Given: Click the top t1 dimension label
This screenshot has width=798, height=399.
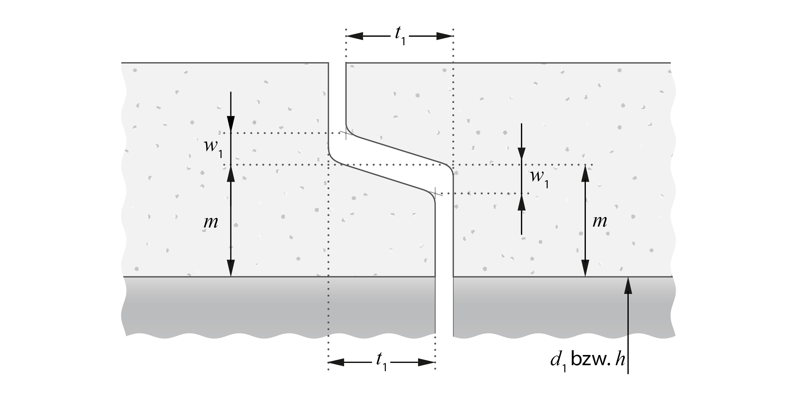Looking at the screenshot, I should [400, 36].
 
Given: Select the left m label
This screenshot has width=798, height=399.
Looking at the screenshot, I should [211, 222].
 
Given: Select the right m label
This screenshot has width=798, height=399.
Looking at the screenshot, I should [599, 221].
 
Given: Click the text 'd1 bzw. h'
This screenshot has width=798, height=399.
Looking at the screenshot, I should [587, 360].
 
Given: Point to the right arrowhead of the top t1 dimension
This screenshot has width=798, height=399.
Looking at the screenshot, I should [445, 36].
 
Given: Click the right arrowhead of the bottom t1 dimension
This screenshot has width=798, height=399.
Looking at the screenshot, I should [427, 362].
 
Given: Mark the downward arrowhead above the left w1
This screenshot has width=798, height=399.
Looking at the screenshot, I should [231, 125].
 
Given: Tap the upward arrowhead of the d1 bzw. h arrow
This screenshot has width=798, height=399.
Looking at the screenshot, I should [628, 286].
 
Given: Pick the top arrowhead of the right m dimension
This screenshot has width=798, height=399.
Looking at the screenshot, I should [585, 174].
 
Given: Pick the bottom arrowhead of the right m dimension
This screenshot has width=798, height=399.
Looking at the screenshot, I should [585, 268].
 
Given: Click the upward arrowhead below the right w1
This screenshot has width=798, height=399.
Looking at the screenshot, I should [522, 202].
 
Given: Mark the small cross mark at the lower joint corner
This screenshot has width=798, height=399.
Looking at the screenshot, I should [435, 194].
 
